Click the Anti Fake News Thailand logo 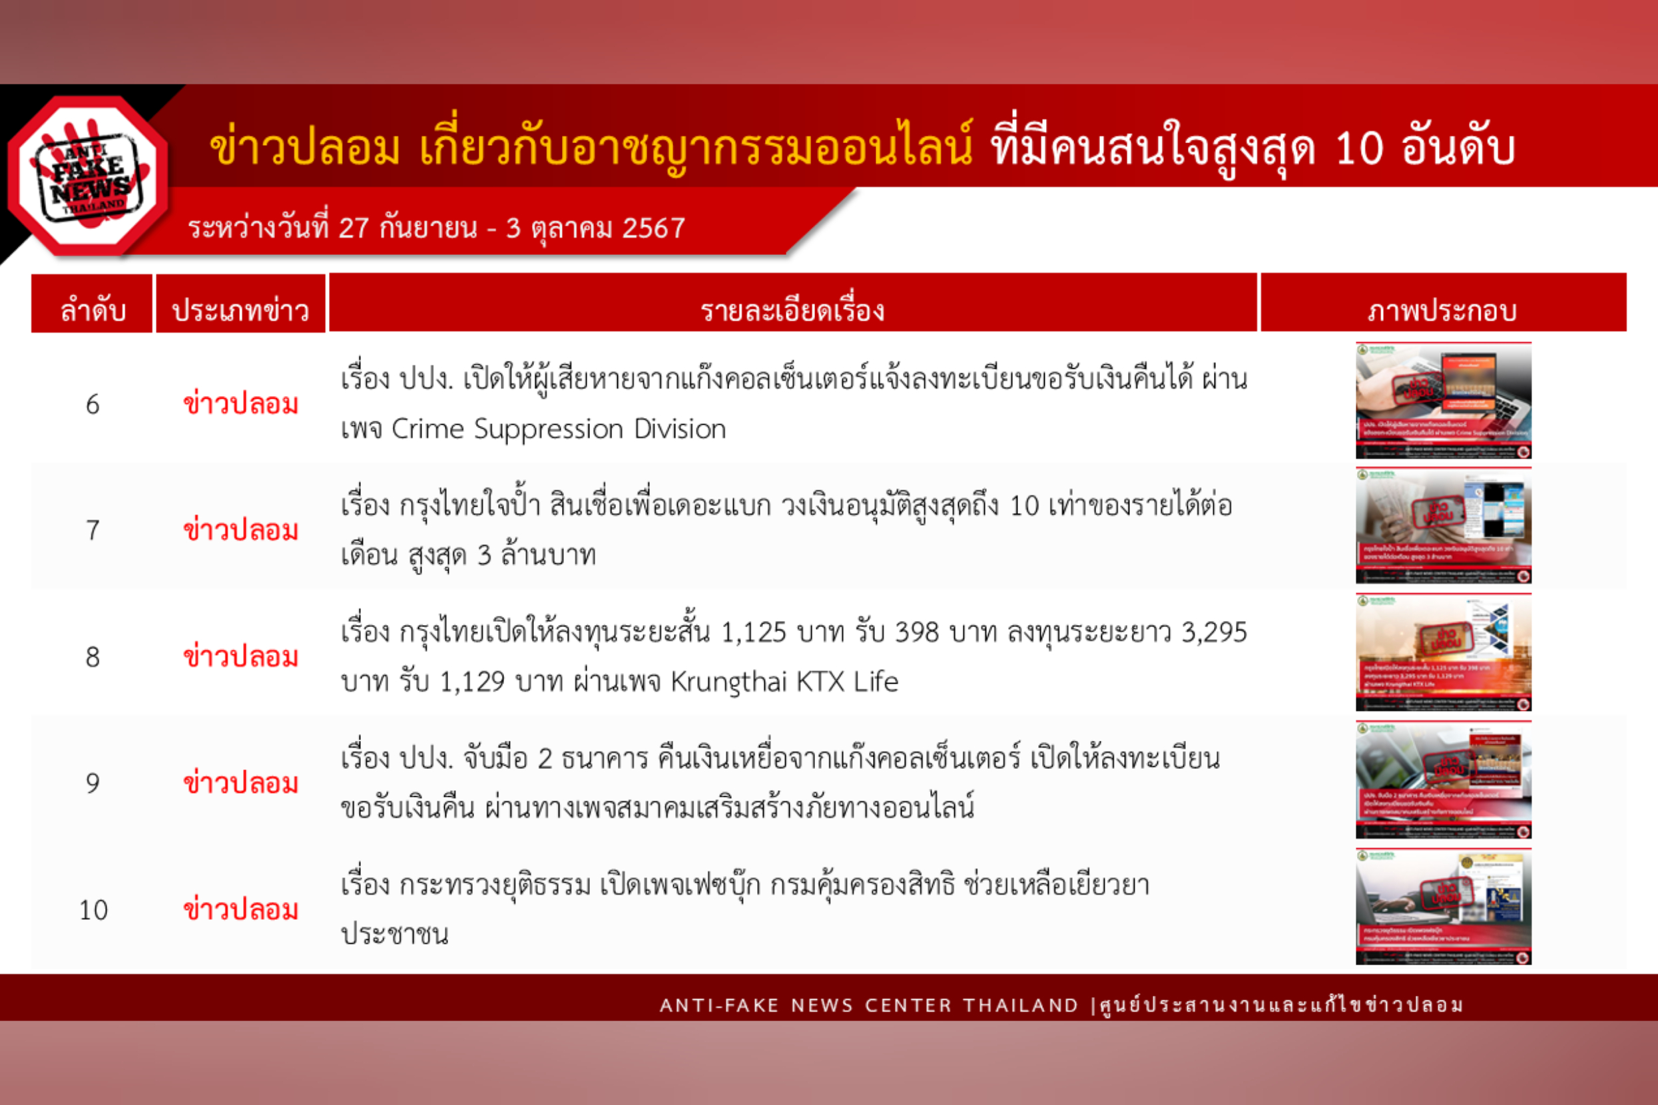89,176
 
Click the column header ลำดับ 93,310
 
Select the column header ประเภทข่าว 240,310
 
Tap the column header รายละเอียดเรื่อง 792,310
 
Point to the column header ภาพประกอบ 1442,310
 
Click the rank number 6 93,405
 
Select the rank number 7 93,531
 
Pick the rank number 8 93,657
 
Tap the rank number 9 93,783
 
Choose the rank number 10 93,910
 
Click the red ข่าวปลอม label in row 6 240,405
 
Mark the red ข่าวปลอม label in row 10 240,910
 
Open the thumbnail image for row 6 1443,400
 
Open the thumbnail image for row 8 1443,652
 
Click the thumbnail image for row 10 1443,906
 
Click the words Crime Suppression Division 558,429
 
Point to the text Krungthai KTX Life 784,682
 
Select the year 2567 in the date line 653,228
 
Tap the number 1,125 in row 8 753,632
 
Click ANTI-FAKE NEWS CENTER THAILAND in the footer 868,1005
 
